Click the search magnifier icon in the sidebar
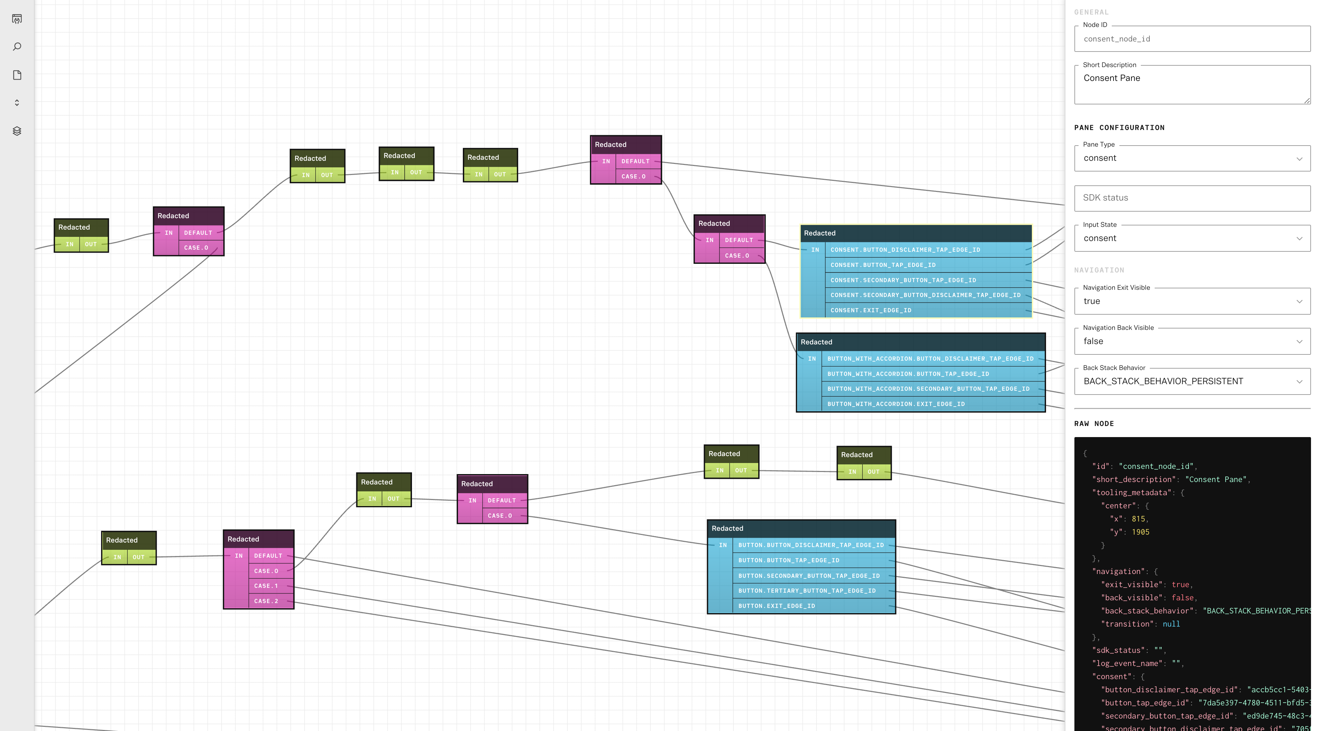tap(17, 47)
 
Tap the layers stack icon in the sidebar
tap(17, 131)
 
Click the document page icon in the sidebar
tap(17, 75)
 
